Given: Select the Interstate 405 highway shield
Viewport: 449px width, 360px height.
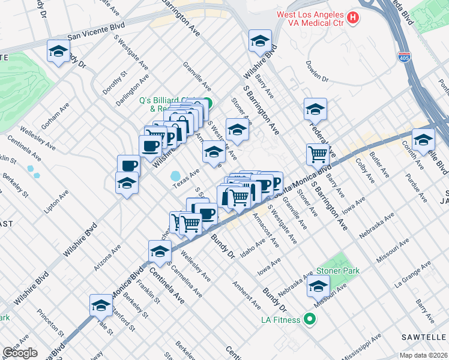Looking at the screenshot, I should (x=403, y=56).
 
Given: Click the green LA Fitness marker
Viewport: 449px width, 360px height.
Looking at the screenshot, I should (x=310, y=319).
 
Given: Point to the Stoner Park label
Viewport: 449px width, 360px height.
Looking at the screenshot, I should (x=338, y=271).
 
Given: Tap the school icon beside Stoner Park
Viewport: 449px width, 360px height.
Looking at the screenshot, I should (x=318, y=287).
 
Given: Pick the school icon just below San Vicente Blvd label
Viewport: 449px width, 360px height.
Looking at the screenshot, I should (x=58, y=52).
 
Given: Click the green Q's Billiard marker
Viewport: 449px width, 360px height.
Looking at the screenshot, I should (x=207, y=103).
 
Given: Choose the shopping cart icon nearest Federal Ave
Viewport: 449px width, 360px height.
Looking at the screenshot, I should (x=318, y=154).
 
